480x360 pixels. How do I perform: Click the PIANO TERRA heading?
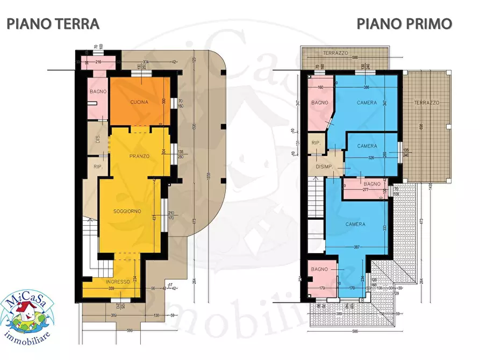tap(53, 24)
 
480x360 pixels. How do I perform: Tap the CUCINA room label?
tap(139, 102)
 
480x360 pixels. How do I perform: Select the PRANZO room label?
tap(139, 156)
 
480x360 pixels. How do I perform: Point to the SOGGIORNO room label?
tap(127, 211)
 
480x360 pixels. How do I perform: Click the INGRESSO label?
tap(117, 282)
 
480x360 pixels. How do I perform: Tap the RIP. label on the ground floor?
tap(98, 167)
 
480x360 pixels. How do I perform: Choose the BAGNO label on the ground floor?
tap(98, 92)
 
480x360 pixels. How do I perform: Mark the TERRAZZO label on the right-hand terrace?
tap(427, 102)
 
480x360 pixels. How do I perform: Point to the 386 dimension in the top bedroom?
tap(366, 87)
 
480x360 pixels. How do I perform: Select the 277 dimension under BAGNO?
tap(365, 190)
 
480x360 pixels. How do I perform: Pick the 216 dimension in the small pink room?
tap(98, 62)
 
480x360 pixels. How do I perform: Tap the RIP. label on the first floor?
tap(317, 142)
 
